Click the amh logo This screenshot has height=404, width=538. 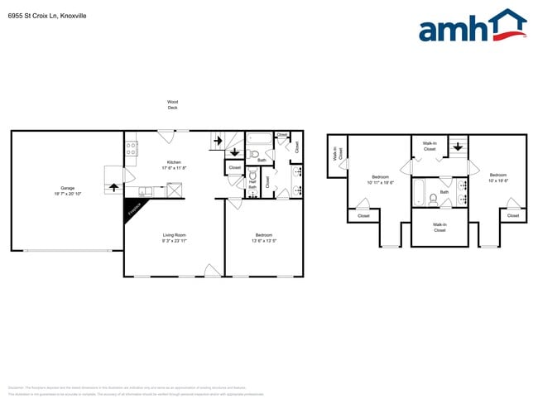point(472,26)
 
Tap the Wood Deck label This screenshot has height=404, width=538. point(172,105)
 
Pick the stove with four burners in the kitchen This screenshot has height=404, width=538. point(131,149)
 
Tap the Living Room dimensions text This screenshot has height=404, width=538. point(174,241)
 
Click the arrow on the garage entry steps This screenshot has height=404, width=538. point(113,186)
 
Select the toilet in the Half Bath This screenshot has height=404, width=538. point(252,176)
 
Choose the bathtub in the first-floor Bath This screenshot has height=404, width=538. point(259,138)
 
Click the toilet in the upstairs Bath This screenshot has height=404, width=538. point(432,199)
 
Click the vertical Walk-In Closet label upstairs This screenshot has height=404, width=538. point(338,154)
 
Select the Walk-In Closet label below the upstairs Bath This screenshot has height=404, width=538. point(439,227)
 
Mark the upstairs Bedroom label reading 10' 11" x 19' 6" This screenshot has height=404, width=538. point(381,179)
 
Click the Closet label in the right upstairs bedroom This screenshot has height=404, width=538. point(512,215)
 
